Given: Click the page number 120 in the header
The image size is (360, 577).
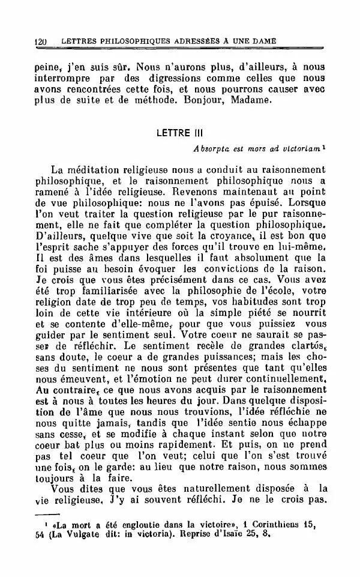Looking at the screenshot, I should pos(41,41).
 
